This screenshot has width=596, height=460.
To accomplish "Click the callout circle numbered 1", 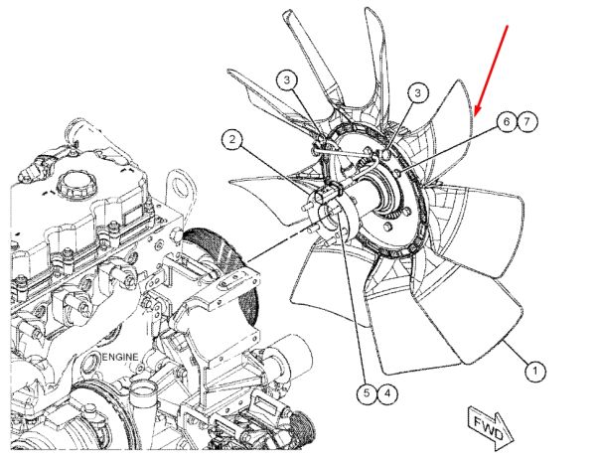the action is [x=534, y=370].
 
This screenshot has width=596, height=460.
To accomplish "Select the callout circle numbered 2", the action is [x=232, y=139].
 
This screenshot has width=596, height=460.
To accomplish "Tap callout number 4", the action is [x=387, y=393].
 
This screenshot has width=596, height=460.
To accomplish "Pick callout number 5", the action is [x=367, y=393].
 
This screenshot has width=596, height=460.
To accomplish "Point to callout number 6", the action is [x=507, y=122].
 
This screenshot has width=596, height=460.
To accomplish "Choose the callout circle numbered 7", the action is [x=526, y=122].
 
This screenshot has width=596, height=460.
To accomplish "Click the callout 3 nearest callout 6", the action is [x=418, y=93].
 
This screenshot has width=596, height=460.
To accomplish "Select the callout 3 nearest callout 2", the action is [x=287, y=80].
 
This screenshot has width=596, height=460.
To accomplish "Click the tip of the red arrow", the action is [x=475, y=115].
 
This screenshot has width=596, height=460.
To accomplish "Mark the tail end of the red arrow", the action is [x=508, y=26].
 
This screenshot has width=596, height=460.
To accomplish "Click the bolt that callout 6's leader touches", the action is [x=397, y=174].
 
